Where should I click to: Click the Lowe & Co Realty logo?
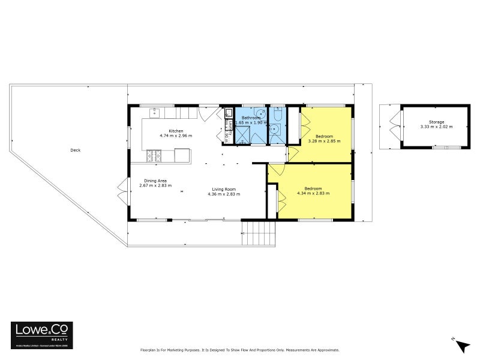coord(42,334)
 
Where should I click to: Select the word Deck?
coord(75,151)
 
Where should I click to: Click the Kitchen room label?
coord(175,131)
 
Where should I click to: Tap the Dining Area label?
coord(155,181)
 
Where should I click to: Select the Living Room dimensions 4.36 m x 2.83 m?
coord(224,194)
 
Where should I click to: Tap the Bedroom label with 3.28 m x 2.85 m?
coord(324,136)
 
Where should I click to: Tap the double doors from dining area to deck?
coord(123,191)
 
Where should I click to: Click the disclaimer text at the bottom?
coord(240,350)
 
